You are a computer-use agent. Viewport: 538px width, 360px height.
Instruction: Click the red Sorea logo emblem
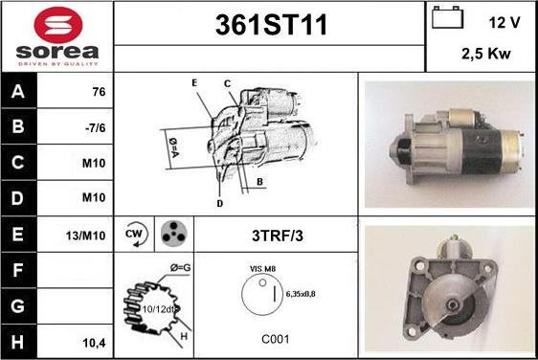[x=58, y=24]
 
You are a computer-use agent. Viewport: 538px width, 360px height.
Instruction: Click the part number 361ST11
[x=271, y=25]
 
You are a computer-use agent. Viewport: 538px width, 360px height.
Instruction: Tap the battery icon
[x=447, y=17]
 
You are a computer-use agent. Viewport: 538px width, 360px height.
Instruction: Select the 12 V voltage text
[x=504, y=23]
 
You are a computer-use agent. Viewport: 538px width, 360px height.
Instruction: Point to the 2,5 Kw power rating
[x=486, y=54]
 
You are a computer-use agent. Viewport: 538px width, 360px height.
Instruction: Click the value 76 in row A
[x=99, y=92]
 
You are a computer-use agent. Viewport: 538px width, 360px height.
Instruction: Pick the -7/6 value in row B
[x=96, y=127]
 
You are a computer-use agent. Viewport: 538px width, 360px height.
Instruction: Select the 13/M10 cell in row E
[x=86, y=236]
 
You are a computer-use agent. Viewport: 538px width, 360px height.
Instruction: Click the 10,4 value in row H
[x=95, y=343]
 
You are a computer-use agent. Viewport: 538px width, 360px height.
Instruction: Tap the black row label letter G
[x=18, y=305]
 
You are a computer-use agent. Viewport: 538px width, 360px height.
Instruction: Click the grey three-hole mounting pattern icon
[x=174, y=234]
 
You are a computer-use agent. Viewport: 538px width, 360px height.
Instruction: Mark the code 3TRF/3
[x=278, y=236]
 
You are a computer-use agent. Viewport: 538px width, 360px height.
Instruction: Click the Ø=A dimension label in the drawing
[x=173, y=147]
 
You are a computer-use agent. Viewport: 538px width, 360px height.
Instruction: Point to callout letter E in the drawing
[x=194, y=83]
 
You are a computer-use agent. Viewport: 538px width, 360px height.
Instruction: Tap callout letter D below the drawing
[x=220, y=204]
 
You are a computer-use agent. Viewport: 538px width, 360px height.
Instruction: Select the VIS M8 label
[x=263, y=269]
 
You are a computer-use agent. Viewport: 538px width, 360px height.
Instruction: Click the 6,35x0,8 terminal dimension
[x=301, y=294]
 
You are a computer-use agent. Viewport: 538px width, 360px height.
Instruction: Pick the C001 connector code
[x=276, y=339]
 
